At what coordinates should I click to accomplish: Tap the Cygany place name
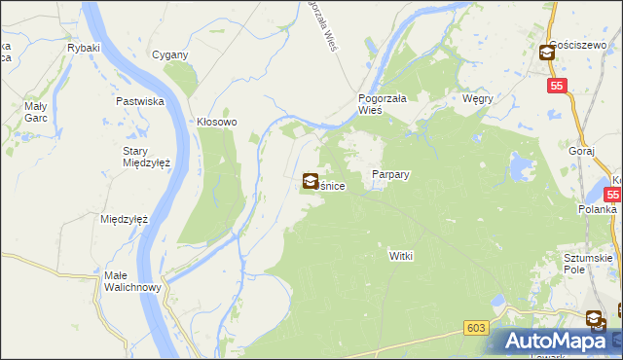(x=169, y=54)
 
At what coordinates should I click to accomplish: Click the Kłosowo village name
(x=217, y=123)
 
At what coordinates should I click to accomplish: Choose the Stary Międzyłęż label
(x=146, y=157)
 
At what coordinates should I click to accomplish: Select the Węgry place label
(x=478, y=99)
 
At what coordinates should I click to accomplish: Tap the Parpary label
(x=390, y=175)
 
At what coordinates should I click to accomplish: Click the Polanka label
(x=595, y=209)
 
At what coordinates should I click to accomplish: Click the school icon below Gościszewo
(x=547, y=54)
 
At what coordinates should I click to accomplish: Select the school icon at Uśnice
(x=310, y=180)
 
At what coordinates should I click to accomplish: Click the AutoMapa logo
(x=554, y=341)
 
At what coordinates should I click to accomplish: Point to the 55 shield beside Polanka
(x=615, y=194)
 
